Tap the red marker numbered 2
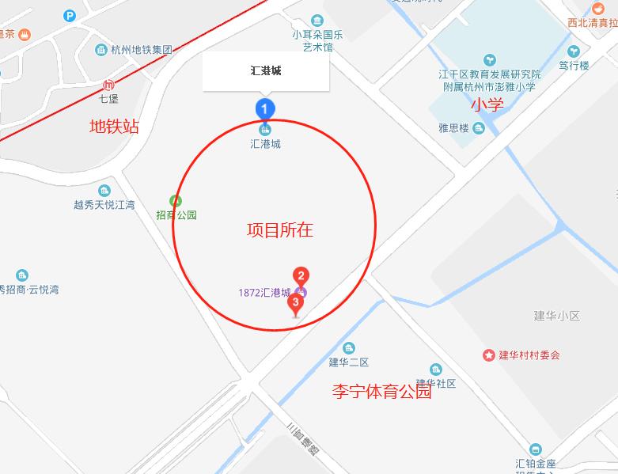(301, 276)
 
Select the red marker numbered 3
(296, 302)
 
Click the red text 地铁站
(114, 126)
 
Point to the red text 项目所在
(280, 230)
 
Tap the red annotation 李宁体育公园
(381, 391)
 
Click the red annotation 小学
(487, 104)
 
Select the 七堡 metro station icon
(108, 85)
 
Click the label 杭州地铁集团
(140, 50)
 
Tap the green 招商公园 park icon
(176, 201)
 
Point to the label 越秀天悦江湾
(104, 205)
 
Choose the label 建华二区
(349, 362)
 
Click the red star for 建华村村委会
(488, 355)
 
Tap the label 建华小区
(557, 316)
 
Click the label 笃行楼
(574, 66)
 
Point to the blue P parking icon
(70, 15)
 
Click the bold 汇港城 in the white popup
(265, 71)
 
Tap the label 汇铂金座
(536, 463)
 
